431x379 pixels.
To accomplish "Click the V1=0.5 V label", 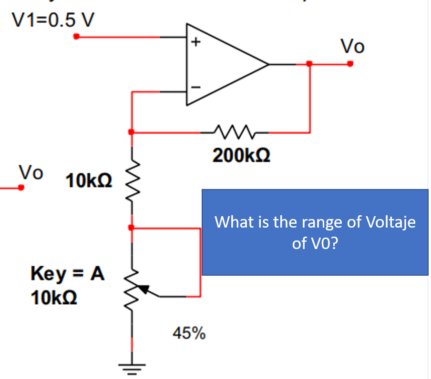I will [x=53, y=20].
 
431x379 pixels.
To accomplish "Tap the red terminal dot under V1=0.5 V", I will [x=77, y=37].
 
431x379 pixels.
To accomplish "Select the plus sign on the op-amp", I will [x=194, y=42].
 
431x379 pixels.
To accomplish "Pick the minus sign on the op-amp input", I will [x=194, y=87].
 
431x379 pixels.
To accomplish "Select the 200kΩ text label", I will [x=242, y=155].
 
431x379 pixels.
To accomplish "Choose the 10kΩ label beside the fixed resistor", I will [x=90, y=181].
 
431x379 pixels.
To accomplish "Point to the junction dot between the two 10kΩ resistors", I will [x=132, y=228].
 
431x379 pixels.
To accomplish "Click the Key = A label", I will [x=67, y=274].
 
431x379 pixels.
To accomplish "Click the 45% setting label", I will [x=189, y=333].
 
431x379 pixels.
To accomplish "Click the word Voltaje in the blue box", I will [x=390, y=222].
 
